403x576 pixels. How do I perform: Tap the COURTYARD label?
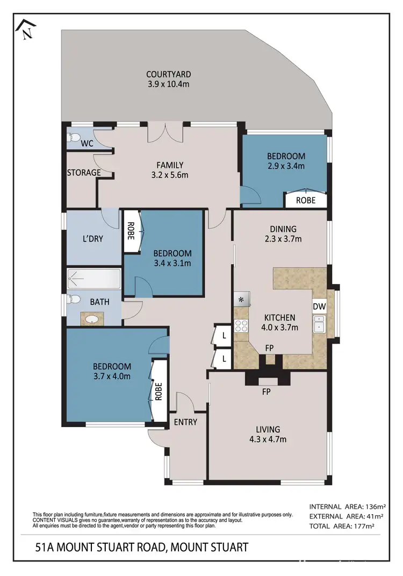pos(168,75)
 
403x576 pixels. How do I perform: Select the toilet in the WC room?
pos(74,138)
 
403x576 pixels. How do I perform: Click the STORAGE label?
pos(84,173)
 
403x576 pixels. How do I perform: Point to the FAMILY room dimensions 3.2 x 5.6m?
pos(170,175)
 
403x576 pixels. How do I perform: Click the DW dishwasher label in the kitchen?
pos(319,306)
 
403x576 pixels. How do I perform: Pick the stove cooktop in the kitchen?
pos(241,325)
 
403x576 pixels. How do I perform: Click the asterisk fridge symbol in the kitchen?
pos(241,300)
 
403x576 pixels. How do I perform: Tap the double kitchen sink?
pos(319,324)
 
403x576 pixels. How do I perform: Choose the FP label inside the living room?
pos(265,393)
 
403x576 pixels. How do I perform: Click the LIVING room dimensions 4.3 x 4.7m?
pos(268,439)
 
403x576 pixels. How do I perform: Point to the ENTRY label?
pos(185,422)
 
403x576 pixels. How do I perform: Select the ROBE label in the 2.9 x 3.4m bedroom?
pos(306,200)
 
